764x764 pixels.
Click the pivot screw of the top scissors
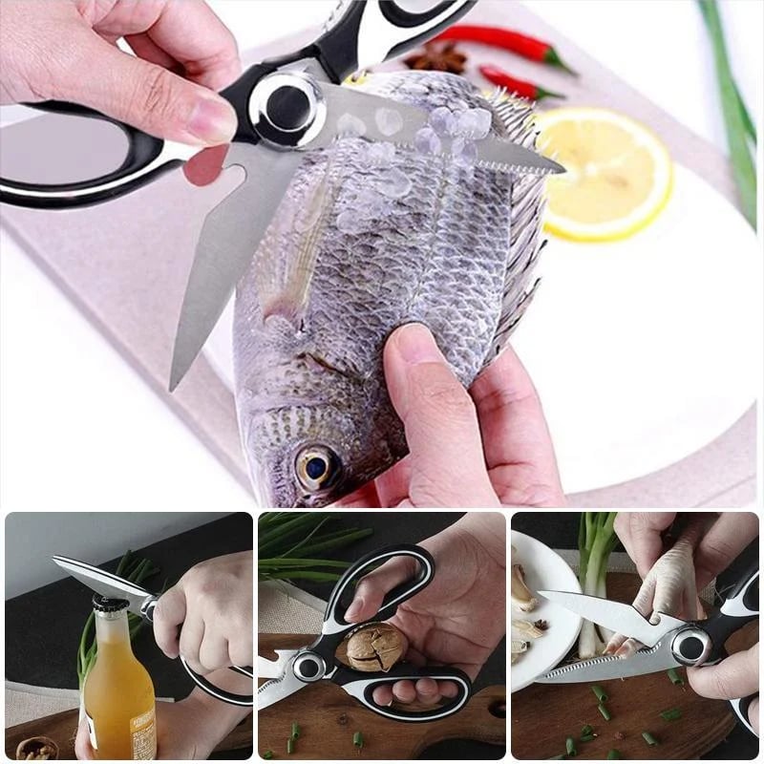tap(282, 107)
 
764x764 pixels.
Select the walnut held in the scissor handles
tap(375, 647)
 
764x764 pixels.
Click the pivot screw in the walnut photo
tap(308, 666)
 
